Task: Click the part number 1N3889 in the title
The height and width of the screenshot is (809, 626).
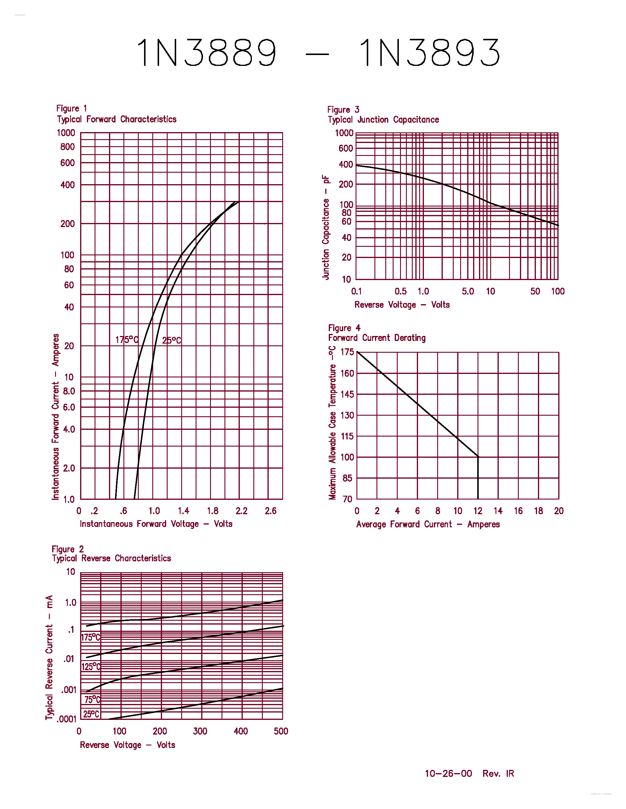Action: coord(207,53)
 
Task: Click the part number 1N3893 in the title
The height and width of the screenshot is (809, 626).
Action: coord(430,53)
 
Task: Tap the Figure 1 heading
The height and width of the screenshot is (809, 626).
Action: coord(71,109)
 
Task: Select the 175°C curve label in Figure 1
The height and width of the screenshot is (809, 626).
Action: coord(126,340)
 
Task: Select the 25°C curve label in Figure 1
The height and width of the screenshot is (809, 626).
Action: coord(171,340)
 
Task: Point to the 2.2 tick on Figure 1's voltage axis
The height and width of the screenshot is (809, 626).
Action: coord(242,511)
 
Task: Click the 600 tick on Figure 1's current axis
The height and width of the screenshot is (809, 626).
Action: coord(67,163)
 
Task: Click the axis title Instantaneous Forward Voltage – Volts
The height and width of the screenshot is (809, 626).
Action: coord(156,524)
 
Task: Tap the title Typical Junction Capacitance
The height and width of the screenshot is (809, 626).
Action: coord(383,120)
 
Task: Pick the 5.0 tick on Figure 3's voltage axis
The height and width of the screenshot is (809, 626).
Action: coord(468,291)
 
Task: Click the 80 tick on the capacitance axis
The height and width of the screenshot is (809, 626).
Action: coord(346,213)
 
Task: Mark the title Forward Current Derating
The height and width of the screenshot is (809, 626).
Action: coord(377,338)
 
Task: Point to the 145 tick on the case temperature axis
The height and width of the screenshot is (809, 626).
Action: coord(347,394)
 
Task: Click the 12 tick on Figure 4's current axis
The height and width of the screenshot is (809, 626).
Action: coord(478,511)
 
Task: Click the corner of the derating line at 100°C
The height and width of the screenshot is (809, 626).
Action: coord(478,457)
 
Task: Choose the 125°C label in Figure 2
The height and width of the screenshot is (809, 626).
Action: coord(91,667)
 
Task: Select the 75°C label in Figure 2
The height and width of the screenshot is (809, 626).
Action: coord(92,699)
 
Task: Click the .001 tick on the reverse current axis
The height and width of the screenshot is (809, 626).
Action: coord(69,690)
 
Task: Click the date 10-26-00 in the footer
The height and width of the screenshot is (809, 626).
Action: coord(448,773)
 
